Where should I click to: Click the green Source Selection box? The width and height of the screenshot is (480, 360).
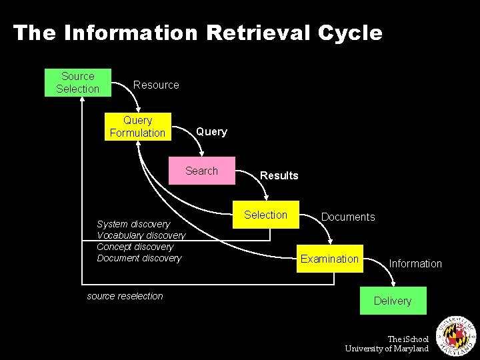(77, 83)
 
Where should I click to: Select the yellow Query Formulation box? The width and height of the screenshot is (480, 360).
(137, 127)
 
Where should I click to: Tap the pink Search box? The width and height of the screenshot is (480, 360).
(201, 171)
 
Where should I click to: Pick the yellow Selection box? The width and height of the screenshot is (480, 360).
(265, 215)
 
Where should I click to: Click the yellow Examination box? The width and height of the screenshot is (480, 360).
(329, 259)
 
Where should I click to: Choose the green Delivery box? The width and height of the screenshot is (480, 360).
(393, 301)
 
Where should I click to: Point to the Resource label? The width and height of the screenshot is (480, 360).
(156, 85)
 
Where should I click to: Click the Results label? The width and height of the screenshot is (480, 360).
(279, 175)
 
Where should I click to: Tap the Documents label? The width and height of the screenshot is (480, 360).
(348, 217)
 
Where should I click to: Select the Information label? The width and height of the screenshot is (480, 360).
(415, 263)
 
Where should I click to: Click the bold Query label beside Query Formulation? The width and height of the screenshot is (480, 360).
(211, 131)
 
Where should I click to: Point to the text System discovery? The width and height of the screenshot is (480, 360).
(133, 224)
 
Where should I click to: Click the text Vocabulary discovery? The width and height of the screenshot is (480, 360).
(141, 235)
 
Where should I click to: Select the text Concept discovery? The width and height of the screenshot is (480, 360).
(135, 247)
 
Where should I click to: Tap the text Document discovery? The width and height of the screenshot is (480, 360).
(139, 258)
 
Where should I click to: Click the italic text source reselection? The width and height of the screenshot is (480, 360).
(125, 296)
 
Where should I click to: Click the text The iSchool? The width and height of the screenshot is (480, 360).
(408, 339)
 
